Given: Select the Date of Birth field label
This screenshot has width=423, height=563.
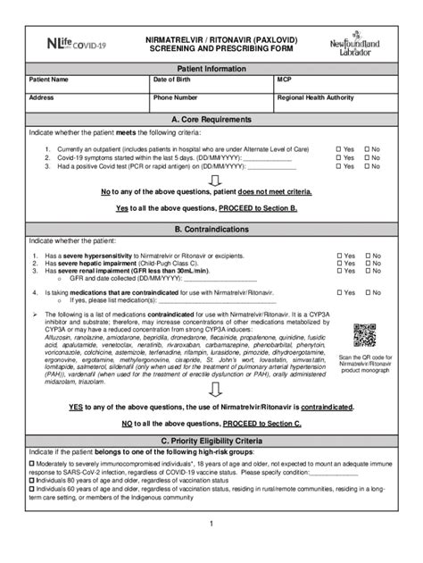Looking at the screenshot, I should [x=175, y=80].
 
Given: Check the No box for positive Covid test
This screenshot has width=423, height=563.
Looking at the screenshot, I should [x=366, y=165].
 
